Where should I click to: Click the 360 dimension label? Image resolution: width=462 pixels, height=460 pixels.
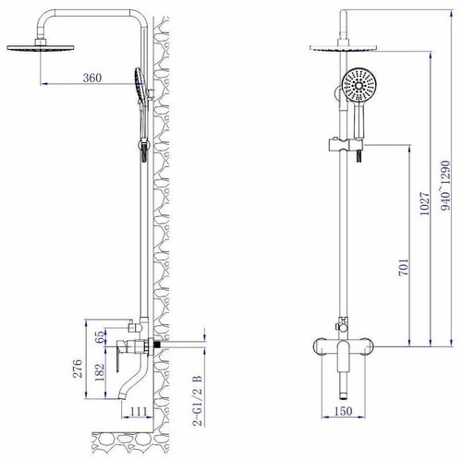[x=92, y=78]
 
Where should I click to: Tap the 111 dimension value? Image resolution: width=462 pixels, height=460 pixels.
[x=139, y=411]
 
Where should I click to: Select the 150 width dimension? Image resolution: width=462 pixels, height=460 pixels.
[x=343, y=411]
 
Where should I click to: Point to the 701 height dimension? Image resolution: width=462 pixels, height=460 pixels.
[x=404, y=267]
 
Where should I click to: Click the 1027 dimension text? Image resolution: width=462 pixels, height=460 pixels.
[x=424, y=204]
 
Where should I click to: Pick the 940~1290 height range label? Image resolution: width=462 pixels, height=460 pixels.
[x=445, y=186]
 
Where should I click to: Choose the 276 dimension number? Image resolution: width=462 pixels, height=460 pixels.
[x=77, y=369]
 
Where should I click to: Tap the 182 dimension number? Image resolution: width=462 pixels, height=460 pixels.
[x=100, y=372]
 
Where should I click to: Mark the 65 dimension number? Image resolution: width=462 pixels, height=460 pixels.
[x=100, y=337]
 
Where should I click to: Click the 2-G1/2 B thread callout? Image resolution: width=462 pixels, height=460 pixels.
[x=198, y=400]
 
